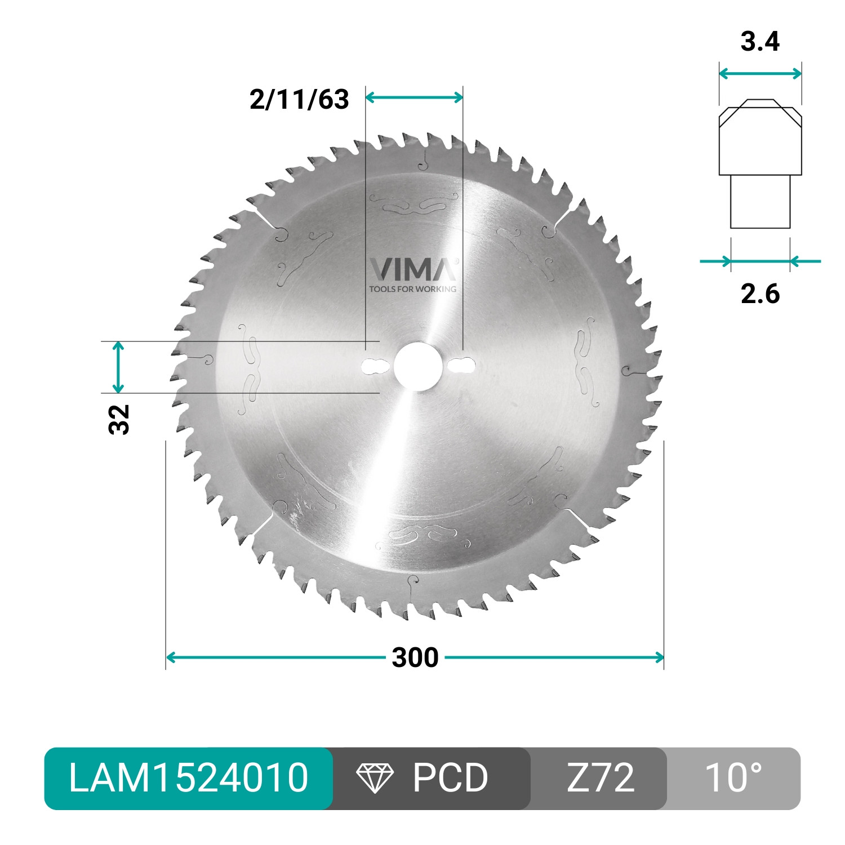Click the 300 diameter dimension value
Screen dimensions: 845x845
click(x=415, y=657)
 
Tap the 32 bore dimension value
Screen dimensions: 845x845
click(x=119, y=419)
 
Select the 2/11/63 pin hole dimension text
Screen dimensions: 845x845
click(x=299, y=99)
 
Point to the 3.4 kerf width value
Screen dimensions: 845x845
click(x=760, y=42)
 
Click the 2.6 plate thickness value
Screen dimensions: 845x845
click(x=760, y=293)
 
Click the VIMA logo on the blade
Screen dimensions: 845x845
click(x=413, y=269)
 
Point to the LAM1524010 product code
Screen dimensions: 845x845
click(x=189, y=778)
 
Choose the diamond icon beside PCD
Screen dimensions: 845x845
click(x=375, y=778)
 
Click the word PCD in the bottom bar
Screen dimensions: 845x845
click(x=450, y=778)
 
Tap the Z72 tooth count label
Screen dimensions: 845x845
click(x=600, y=778)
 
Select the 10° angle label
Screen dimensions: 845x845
click(x=733, y=778)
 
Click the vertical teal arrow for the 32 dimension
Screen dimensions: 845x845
click(x=118, y=367)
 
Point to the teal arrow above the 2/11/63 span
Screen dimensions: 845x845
click(x=414, y=97)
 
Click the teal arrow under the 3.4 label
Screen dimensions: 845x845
click(x=760, y=73)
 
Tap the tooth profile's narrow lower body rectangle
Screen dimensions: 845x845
click(x=760, y=202)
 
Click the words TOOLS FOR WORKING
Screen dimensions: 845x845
click(x=412, y=289)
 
